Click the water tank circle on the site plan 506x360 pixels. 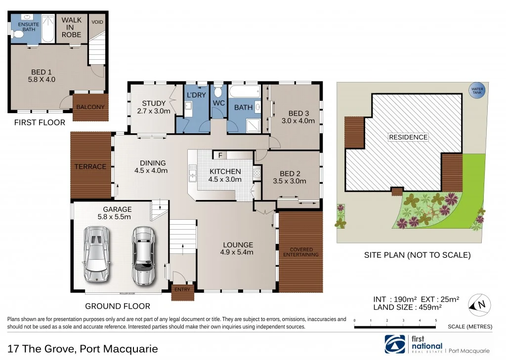click(477, 92)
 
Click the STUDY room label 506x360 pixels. click(154, 103)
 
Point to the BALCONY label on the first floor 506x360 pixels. click(90, 107)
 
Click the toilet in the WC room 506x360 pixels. click(218, 92)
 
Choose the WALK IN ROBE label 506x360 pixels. click(72, 28)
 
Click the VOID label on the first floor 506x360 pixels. click(97, 22)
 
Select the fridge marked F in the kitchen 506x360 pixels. click(220, 155)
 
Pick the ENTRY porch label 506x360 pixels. click(182, 289)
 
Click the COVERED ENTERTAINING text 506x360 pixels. click(301, 252)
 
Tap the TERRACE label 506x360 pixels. click(90, 166)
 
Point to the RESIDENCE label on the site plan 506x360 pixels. click(408, 137)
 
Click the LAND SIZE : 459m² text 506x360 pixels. click(407, 307)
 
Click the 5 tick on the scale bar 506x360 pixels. click(436, 321)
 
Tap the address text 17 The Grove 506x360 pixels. click(42, 349)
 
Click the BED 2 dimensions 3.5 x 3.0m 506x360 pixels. click(290, 181)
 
